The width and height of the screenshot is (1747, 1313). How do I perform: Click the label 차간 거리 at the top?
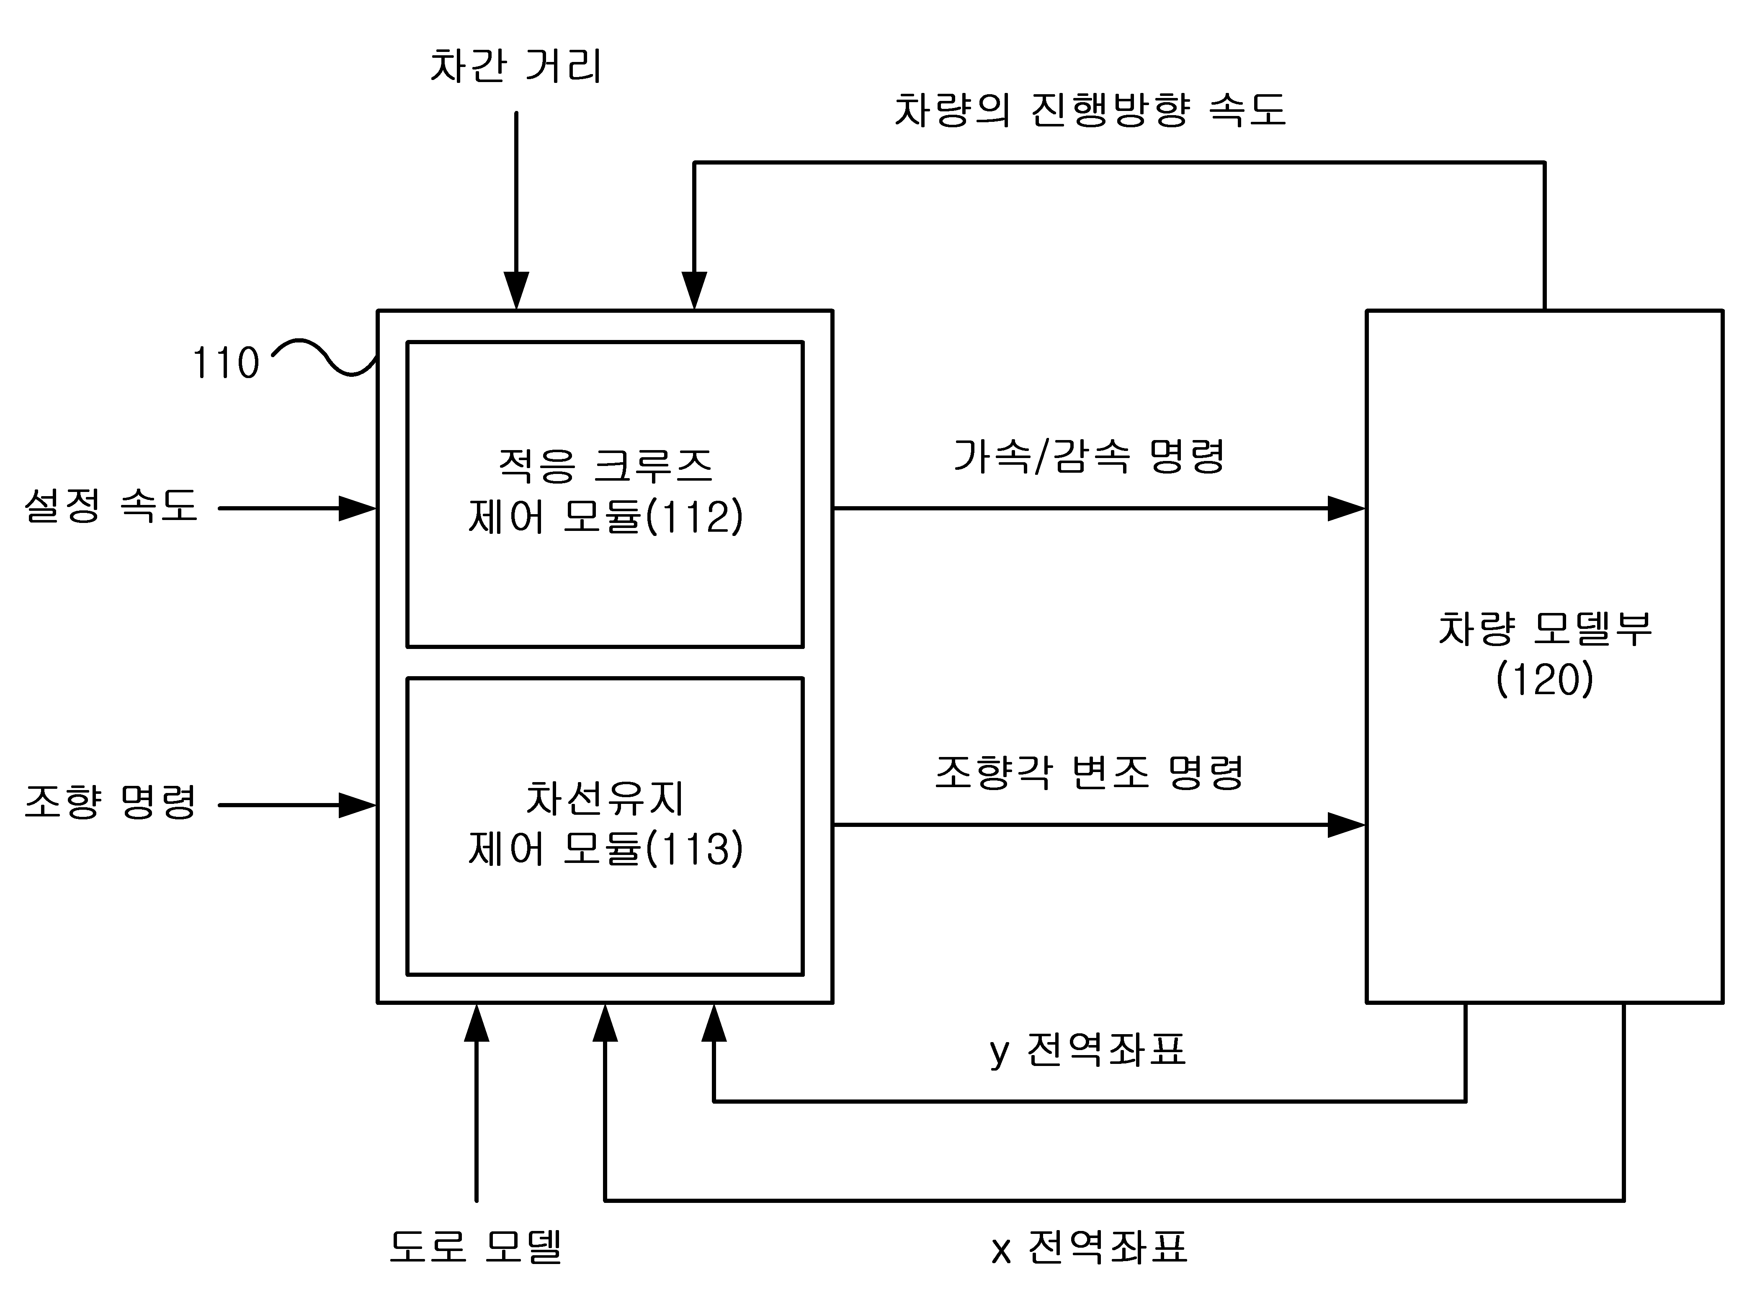pos(516,66)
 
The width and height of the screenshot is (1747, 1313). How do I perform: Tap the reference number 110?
pos(226,363)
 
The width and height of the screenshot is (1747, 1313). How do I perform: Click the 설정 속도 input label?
pos(111,505)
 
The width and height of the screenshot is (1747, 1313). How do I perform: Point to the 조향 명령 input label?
pos(111,802)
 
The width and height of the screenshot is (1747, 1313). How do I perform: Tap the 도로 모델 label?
pos(475,1247)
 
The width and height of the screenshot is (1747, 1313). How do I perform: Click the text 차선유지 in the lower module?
pos(605,798)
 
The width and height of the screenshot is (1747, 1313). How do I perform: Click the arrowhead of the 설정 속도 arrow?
pos(358,508)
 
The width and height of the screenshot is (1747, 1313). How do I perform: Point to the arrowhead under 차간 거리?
pos(516,291)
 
